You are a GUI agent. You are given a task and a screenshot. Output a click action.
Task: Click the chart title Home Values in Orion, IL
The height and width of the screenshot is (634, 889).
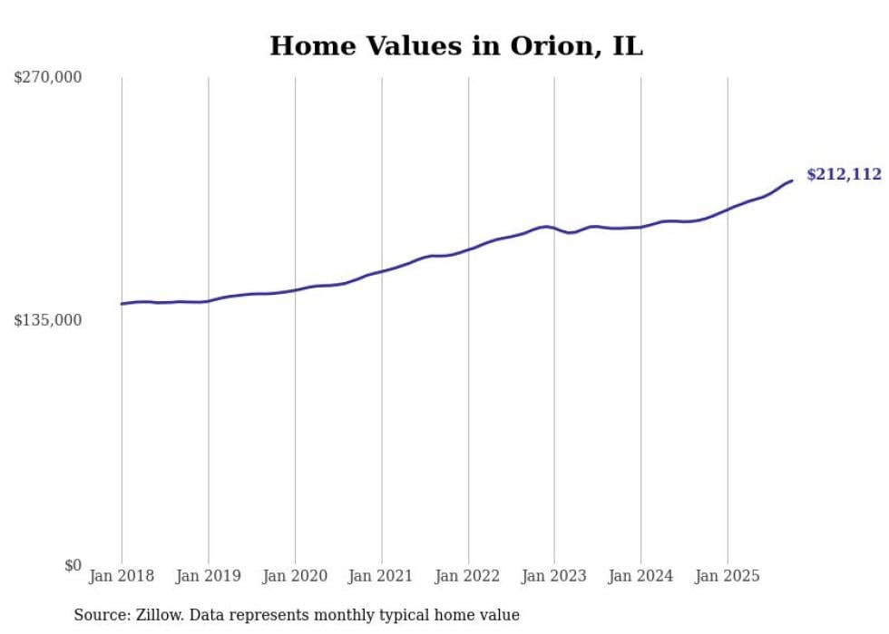(x=455, y=45)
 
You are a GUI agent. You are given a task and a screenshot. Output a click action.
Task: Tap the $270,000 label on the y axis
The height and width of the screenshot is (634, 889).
(x=47, y=78)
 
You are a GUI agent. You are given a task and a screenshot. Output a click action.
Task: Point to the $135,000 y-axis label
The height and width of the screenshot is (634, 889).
(x=47, y=320)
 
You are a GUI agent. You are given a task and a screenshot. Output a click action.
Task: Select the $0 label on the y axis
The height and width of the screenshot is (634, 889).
(x=73, y=565)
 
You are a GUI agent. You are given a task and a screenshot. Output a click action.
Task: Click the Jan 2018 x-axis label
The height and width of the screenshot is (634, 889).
(x=122, y=576)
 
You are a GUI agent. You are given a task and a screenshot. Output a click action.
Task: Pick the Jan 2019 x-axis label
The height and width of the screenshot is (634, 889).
(x=208, y=576)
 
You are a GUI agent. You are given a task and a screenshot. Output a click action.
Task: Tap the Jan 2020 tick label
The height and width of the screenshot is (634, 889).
(x=295, y=576)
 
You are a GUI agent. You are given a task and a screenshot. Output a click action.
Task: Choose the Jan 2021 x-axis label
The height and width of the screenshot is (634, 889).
(x=381, y=576)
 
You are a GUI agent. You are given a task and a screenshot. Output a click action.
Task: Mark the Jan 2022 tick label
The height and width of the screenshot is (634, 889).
(x=468, y=576)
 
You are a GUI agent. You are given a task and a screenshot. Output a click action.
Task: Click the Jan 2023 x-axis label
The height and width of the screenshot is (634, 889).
(x=554, y=576)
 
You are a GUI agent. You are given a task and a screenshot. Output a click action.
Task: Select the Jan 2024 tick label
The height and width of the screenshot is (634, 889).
(x=641, y=576)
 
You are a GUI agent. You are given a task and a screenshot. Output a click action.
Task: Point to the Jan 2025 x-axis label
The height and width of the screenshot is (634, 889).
(x=728, y=576)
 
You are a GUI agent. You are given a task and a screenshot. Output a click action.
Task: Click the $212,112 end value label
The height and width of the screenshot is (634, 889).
(x=844, y=175)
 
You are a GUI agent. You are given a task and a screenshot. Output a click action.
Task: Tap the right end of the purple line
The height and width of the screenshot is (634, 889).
(x=792, y=180)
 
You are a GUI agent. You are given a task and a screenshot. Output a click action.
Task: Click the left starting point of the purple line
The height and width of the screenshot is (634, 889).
(x=122, y=304)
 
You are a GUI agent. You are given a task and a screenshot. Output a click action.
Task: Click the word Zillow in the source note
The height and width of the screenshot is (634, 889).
(x=155, y=615)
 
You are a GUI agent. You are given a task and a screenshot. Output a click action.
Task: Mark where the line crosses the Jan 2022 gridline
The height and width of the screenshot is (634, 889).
(x=468, y=249)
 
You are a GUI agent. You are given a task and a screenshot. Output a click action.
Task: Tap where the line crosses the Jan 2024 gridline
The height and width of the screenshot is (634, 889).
(x=641, y=227)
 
